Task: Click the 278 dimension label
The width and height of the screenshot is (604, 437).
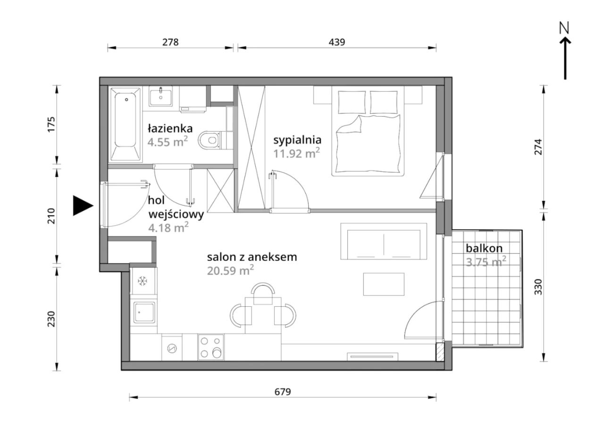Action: coord(170,42)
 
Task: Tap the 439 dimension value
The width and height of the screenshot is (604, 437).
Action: coord(337,42)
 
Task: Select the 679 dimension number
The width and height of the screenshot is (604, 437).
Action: coord(283,391)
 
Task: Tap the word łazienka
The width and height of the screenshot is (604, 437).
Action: coord(170,128)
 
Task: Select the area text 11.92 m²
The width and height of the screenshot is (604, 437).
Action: coord(296,153)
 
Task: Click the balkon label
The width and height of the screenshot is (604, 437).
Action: coord(484,248)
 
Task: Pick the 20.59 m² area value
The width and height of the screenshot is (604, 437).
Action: coord(231,270)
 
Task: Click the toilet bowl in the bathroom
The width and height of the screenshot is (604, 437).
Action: coord(209,140)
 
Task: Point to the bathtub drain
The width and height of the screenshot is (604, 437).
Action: coord(126,100)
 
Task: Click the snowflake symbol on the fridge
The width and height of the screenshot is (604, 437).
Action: coord(142,281)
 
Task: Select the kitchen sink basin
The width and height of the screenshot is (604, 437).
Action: coord(144,312)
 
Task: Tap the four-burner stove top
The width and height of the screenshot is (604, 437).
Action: coord(211,347)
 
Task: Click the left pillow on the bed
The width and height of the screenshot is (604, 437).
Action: coord(352,102)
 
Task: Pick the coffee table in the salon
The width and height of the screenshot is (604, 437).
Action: coord(384,284)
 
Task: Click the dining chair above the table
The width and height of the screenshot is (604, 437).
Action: coord(263,294)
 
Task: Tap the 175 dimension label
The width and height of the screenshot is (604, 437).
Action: coord(51,124)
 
